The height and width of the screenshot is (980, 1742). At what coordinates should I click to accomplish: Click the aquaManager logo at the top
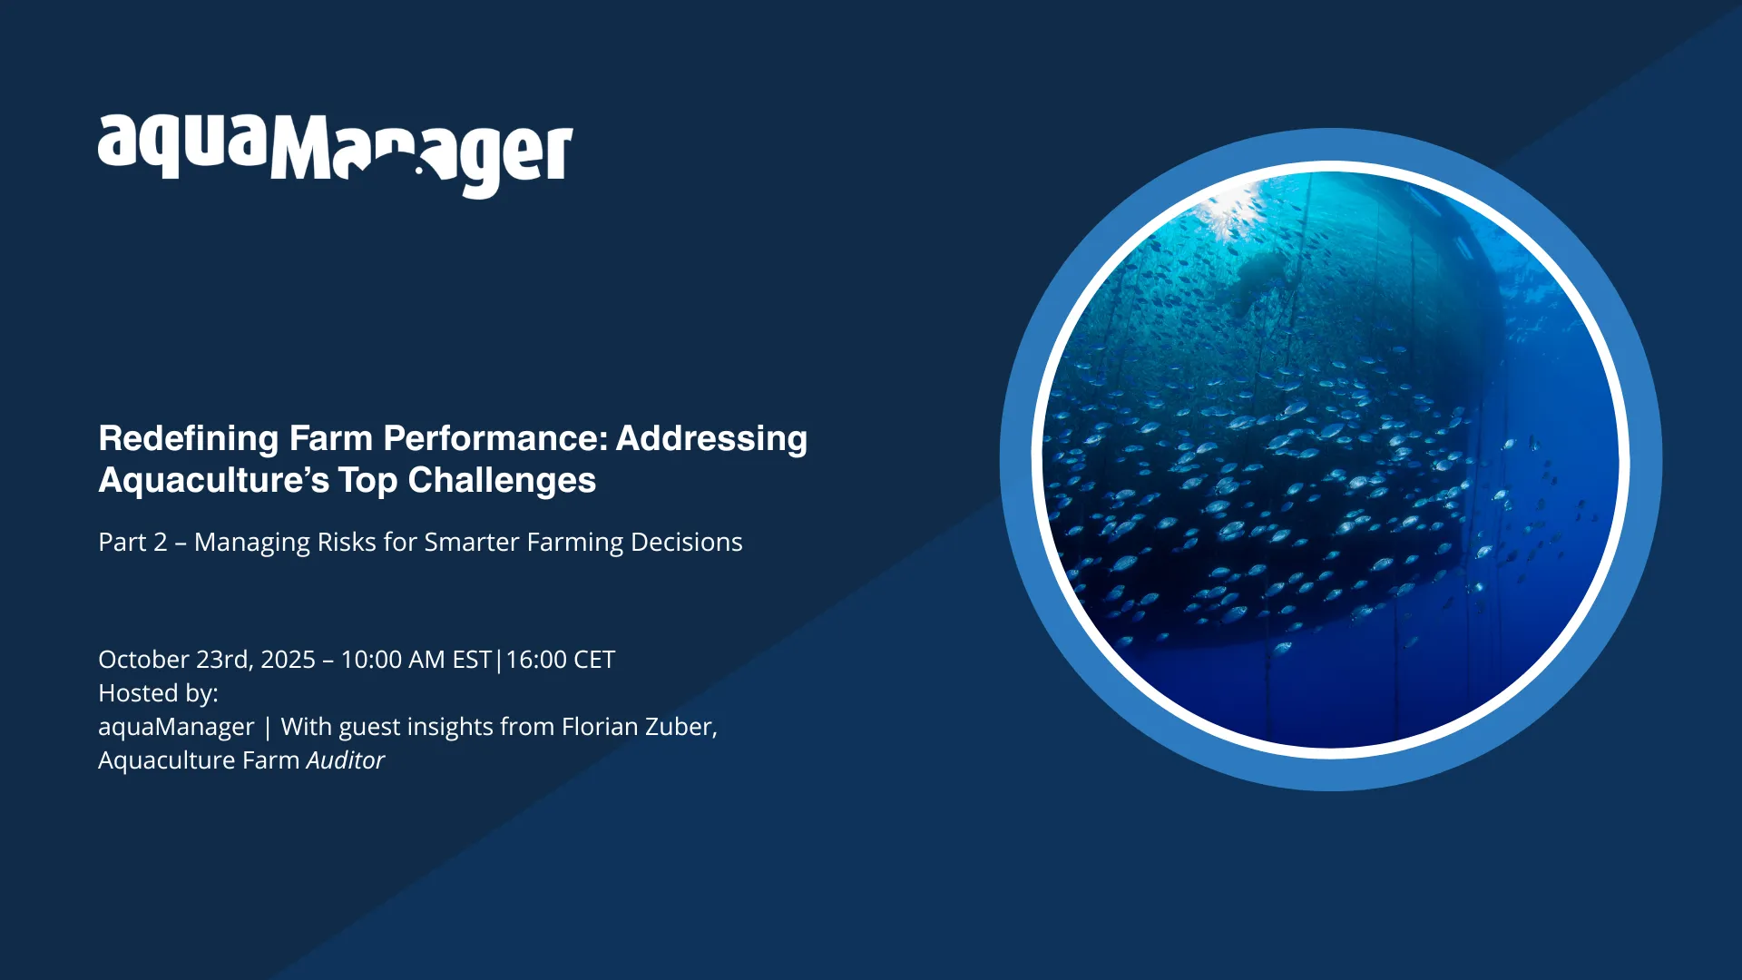[336, 155]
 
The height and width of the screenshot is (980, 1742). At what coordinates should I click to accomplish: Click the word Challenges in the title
[502, 480]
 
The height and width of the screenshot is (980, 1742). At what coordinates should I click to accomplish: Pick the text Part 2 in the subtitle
[132, 542]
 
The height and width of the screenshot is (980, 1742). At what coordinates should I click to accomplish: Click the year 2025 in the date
[288, 660]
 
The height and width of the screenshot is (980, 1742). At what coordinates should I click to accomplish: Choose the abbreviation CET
[594, 660]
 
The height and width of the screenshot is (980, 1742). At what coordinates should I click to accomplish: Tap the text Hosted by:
[158, 693]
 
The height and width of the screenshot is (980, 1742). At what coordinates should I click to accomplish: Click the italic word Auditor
[346, 760]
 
